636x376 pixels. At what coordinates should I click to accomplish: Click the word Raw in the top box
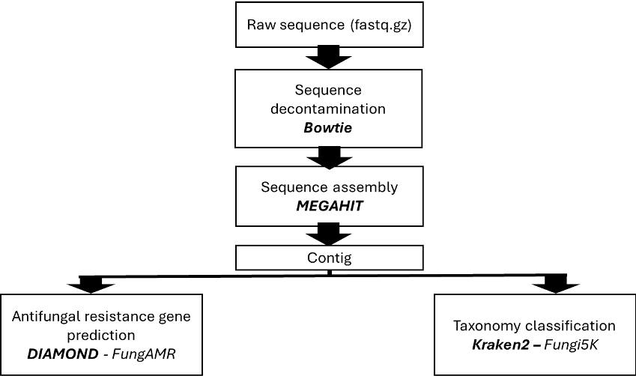tap(261, 25)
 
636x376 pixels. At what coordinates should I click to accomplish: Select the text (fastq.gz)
tap(381, 25)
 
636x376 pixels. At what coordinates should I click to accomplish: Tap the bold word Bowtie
tap(328, 127)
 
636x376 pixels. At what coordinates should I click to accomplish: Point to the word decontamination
tap(329, 109)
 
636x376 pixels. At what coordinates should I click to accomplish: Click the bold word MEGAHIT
tap(330, 205)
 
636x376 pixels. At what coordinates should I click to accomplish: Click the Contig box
tap(330, 258)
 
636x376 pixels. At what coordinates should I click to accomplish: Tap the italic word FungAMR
tap(143, 354)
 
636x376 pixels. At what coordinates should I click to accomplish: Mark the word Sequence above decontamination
tap(328, 90)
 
